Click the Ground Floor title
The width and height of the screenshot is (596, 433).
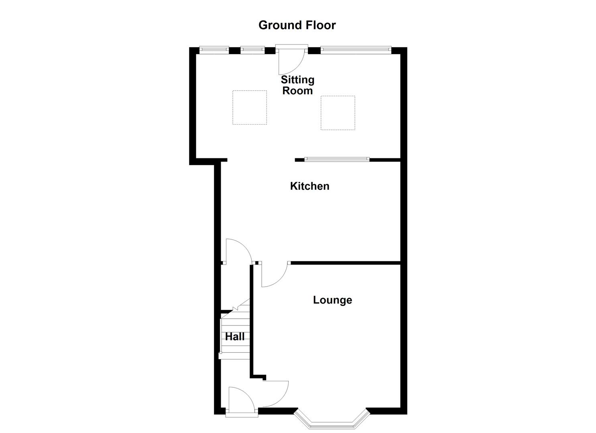click(297, 25)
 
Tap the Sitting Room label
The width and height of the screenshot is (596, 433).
click(297, 85)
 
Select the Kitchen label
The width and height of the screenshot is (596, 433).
click(309, 186)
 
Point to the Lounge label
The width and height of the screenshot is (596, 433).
click(332, 300)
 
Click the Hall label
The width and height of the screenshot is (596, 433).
click(235, 337)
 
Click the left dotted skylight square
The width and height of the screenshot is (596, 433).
click(250, 107)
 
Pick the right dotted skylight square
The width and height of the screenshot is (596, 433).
click(338, 113)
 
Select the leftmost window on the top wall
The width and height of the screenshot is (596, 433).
click(214, 50)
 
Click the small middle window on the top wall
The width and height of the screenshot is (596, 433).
click(252, 50)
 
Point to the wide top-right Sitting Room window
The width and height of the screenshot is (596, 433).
click(356, 50)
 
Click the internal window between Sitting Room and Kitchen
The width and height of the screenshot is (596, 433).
click(337, 160)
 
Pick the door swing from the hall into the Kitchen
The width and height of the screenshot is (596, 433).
click(238, 251)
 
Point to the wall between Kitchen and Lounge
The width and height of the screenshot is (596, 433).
click(345, 263)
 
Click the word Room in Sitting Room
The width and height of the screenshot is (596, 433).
click(297, 91)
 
